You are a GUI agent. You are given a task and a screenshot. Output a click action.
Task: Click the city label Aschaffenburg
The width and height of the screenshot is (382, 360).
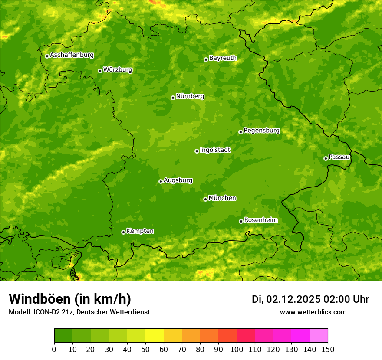click(x=72, y=55)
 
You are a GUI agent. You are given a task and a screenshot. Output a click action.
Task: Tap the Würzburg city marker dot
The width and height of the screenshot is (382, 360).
click(x=100, y=71)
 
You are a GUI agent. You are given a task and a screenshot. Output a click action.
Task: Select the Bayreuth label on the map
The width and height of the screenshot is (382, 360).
click(x=223, y=58)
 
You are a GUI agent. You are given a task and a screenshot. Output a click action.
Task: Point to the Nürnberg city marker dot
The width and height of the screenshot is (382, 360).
click(x=173, y=98)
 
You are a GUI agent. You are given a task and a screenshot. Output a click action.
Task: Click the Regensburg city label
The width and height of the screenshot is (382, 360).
click(x=261, y=131)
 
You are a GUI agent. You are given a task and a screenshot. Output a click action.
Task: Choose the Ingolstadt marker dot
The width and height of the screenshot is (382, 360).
click(x=197, y=151)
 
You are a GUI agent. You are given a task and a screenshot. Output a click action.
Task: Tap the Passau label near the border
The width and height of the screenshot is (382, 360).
click(x=339, y=157)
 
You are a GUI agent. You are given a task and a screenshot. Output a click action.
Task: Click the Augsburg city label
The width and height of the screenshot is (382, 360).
click(x=178, y=180)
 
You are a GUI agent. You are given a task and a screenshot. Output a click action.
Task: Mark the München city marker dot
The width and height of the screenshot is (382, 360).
click(x=205, y=199)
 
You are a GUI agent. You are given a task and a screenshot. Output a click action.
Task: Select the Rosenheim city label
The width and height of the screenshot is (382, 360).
click(x=260, y=220)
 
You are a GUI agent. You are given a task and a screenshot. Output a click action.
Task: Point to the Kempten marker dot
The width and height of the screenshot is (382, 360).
click(x=123, y=232)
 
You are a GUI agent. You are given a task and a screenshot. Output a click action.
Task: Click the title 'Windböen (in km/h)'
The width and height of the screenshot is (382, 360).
click(x=70, y=299)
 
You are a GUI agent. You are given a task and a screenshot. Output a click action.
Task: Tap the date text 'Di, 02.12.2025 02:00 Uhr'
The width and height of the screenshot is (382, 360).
click(x=310, y=299)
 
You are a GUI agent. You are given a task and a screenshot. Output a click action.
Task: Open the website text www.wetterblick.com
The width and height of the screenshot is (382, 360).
click(x=313, y=312)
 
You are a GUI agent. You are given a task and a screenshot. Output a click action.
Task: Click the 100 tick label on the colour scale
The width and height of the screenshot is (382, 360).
click(x=237, y=349)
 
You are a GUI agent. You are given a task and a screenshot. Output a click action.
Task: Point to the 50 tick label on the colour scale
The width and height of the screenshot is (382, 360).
click(x=145, y=349)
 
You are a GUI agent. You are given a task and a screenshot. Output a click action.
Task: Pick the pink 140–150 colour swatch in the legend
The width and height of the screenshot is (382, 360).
click(x=319, y=335)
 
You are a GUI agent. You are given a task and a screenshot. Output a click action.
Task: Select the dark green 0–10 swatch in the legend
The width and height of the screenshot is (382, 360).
click(x=63, y=335)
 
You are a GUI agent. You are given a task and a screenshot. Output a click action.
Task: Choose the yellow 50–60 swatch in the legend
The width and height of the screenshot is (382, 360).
click(x=155, y=335)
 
